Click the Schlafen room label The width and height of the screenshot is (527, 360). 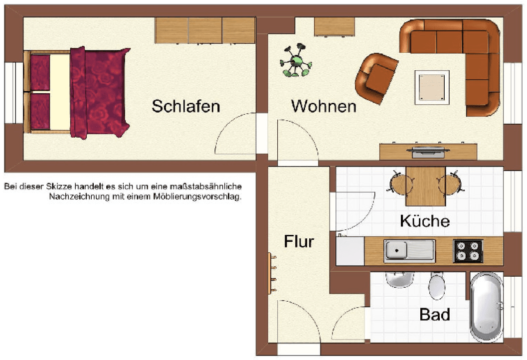(185, 106)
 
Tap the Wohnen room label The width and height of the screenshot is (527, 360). (324, 106)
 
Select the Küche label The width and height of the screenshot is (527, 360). (425, 220)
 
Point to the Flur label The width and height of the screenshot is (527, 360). (299, 241)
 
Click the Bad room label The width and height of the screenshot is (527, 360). (434, 315)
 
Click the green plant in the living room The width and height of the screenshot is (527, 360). (296, 62)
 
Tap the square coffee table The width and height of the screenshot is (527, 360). (432, 87)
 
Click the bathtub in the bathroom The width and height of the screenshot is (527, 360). (486, 306)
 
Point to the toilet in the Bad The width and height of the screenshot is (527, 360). (437, 286)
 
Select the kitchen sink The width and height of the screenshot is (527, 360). (409, 250)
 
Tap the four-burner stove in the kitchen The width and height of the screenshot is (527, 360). (468, 250)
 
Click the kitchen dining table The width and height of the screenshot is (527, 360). (424, 186)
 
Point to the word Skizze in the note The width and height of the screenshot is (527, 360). (59, 186)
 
